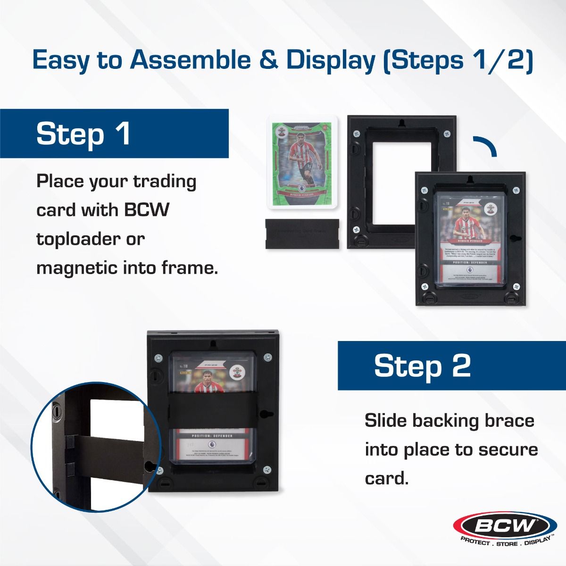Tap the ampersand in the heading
266,61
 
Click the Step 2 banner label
422,366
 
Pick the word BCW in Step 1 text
146,210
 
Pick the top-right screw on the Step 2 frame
267,357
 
